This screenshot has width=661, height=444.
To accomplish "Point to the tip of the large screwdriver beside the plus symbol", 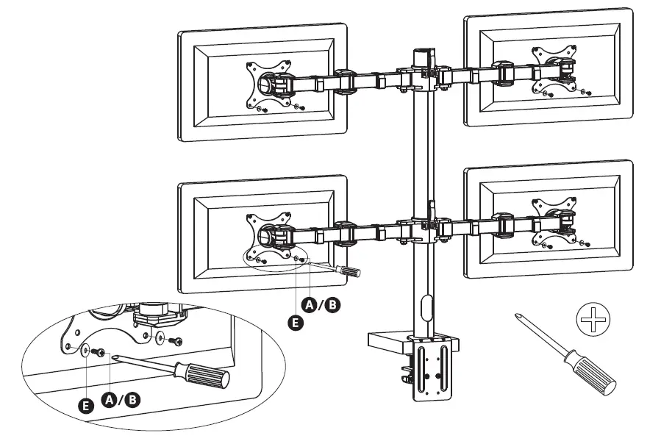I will pos(520,315).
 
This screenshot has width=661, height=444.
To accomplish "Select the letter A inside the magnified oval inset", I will pos(110,399).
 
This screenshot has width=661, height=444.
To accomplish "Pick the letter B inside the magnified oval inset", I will pos(133,399).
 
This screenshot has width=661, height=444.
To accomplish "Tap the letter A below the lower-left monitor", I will pos(311,304).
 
